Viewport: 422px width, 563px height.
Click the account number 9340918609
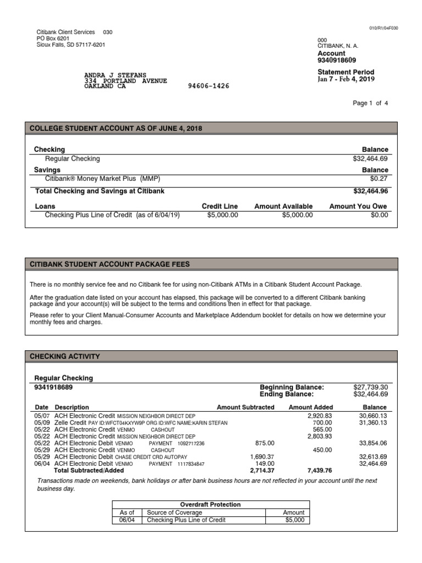tap(336, 60)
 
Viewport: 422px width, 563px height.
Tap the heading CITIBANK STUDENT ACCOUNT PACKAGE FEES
tap(110, 264)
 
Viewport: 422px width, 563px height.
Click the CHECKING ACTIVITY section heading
tap(65, 356)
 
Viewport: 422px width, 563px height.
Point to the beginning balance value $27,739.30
tap(371, 387)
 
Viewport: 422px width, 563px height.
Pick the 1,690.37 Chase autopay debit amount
tap(262, 457)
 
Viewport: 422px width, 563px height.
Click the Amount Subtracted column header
tap(245, 407)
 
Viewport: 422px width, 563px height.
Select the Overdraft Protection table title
tap(211, 504)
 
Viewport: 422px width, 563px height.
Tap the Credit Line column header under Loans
tap(220, 206)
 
